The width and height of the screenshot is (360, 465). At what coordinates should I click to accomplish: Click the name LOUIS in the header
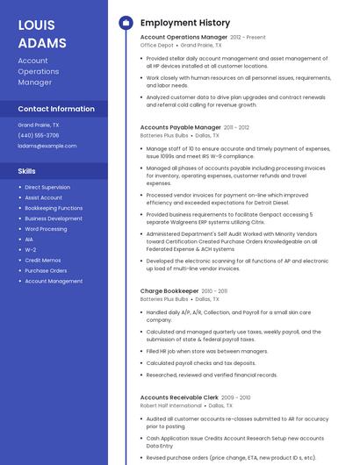click(x=36, y=25)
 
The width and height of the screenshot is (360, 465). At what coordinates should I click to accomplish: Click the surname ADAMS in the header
click(x=41, y=43)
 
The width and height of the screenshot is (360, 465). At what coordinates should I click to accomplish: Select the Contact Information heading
click(x=56, y=109)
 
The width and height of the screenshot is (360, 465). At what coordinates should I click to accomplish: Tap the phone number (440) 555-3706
click(x=39, y=135)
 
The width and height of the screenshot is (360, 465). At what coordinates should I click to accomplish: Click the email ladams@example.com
click(x=47, y=146)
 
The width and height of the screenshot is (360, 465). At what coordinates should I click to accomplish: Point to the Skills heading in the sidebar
click(x=26, y=171)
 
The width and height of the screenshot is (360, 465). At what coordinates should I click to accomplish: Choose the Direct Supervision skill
click(x=47, y=187)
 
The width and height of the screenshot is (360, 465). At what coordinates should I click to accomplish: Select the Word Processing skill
click(x=46, y=229)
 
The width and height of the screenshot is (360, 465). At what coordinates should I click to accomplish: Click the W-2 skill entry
click(x=30, y=250)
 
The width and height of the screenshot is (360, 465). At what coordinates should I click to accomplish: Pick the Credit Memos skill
click(x=42, y=260)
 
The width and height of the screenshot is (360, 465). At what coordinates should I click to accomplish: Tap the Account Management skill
click(x=54, y=281)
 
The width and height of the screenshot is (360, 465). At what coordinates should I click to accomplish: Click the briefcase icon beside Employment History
click(x=125, y=23)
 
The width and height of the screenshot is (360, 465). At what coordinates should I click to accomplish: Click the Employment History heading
click(x=185, y=23)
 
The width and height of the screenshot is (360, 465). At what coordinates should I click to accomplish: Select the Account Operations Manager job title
click(x=184, y=37)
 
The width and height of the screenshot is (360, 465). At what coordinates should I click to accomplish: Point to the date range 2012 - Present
click(x=248, y=38)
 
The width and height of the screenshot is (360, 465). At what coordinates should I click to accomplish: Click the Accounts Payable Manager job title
click(x=181, y=127)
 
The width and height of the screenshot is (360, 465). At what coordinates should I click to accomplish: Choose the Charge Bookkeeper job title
click(x=169, y=290)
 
